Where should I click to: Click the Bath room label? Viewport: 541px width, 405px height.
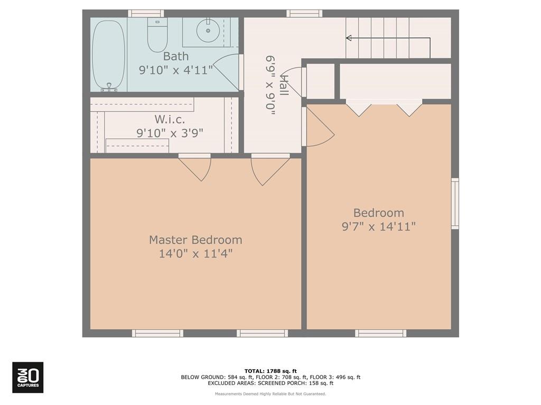(175, 56)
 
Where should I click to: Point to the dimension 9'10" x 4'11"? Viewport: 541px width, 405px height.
(175, 70)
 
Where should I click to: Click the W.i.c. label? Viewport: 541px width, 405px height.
(170, 120)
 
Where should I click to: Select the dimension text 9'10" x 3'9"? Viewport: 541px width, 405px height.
(170, 133)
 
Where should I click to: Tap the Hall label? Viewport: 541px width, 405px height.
(284, 85)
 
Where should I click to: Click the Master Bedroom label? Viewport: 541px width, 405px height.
(195, 240)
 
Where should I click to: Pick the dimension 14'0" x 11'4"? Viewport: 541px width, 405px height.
(195, 254)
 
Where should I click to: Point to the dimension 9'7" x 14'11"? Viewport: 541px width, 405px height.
(379, 227)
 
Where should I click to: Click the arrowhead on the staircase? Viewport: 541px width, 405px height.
(349, 38)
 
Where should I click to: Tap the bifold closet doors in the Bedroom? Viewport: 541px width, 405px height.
(384, 108)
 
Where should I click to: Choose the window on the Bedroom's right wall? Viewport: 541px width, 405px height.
(454, 204)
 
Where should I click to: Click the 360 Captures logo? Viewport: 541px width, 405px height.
(28, 377)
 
